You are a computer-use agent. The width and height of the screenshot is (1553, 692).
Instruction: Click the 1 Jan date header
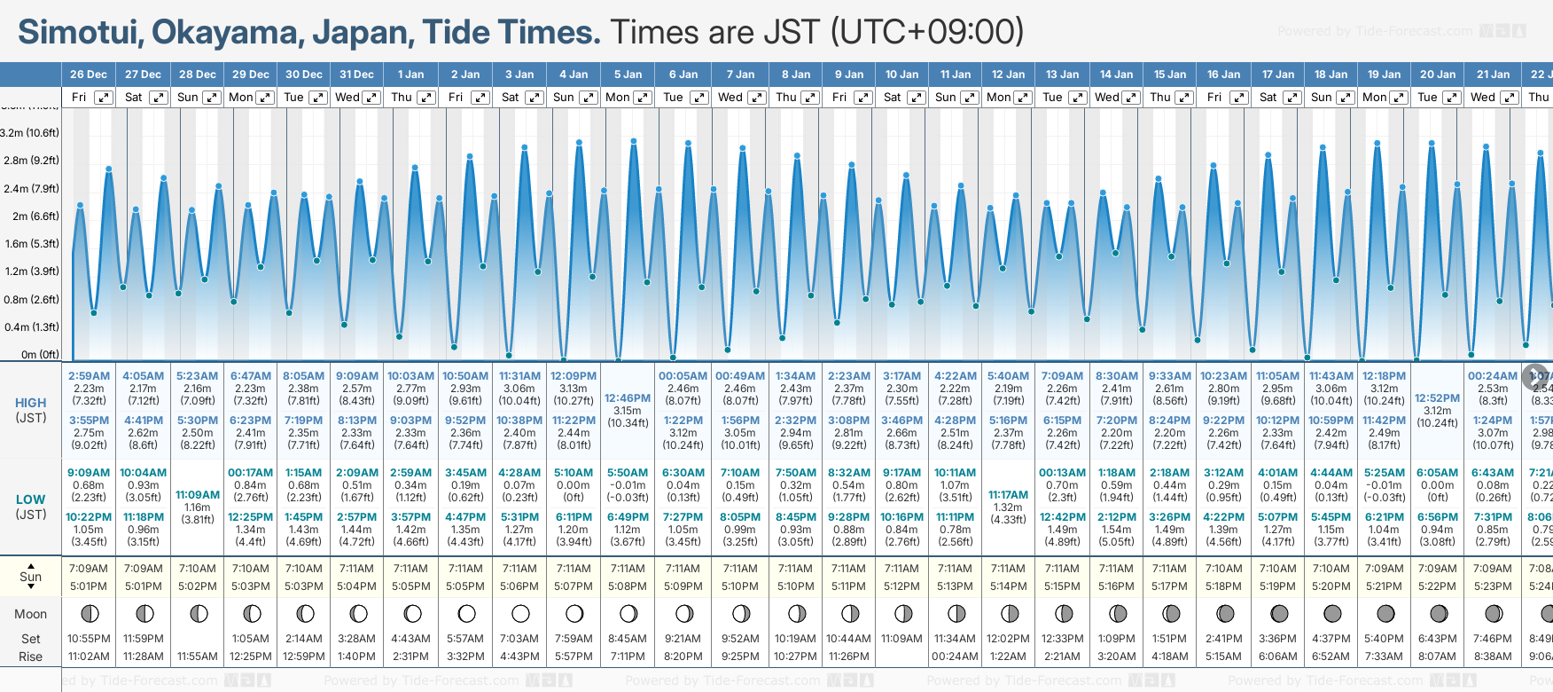coord(410,75)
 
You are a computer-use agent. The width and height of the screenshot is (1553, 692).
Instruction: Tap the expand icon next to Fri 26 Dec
coord(104,98)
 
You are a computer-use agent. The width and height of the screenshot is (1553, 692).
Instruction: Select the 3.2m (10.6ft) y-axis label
coord(30,133)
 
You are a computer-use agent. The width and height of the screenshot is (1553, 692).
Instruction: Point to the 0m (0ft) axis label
coord(41,355)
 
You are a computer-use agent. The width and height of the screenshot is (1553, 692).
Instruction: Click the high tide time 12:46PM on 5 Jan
coord(628,398)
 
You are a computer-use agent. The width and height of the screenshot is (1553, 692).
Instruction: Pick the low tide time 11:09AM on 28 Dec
coord(198,495)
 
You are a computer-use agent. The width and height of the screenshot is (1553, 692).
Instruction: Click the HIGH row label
coord(30,403)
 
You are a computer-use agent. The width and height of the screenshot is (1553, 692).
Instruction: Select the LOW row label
coord(30,499)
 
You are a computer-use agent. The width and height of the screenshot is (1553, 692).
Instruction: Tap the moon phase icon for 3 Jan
coord(520,613)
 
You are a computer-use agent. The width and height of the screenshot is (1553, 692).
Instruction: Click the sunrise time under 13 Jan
coord(1062,569)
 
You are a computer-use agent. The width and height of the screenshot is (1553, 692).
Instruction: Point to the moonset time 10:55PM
coord(89,639)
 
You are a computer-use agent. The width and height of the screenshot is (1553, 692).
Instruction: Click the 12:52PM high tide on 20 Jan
coord(1437,398)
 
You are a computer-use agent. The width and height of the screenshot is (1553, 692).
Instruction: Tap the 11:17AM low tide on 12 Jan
coord(1008,495)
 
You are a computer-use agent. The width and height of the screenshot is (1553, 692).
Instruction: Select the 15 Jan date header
coord(1170,75)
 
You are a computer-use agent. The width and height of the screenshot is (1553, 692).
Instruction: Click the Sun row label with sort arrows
coord(30,577)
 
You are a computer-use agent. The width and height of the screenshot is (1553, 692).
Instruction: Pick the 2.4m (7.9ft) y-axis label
coord(30,189)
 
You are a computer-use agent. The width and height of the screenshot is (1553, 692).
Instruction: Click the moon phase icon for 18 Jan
coord(1331,613)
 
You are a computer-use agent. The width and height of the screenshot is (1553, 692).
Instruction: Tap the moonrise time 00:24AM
coord(955,657)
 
